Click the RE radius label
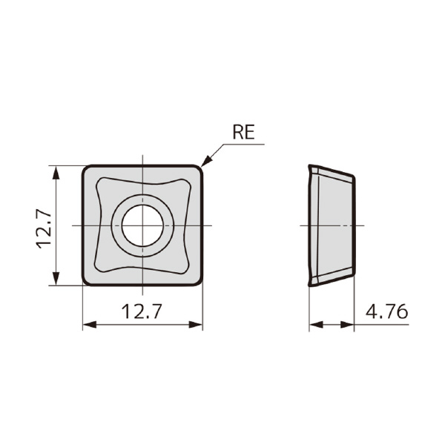[x=243, y=133]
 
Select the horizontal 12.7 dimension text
[x=142, y=311]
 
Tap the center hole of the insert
[x=142, y=225]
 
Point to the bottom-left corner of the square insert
[x=85, y=281]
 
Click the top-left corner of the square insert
[x=85, y=168]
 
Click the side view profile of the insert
[x=330, y=225]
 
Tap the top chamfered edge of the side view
[x=332, y=171]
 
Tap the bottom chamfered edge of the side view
[x=332, y=279]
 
